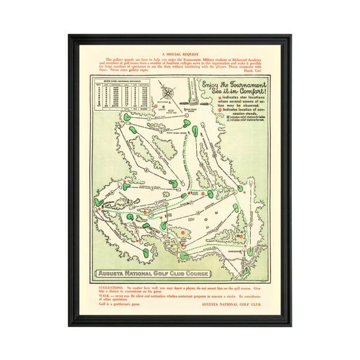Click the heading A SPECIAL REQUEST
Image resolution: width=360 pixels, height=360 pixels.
pyautogui.click(x=180, y=55)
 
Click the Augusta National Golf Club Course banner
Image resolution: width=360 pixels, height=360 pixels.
pyautogui.click(x=153, y=273)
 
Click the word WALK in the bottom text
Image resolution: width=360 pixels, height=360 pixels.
pyautogui.click(x=104, y=296)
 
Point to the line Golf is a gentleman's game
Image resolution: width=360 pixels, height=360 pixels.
pyautogui.click(x=120, y=308)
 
